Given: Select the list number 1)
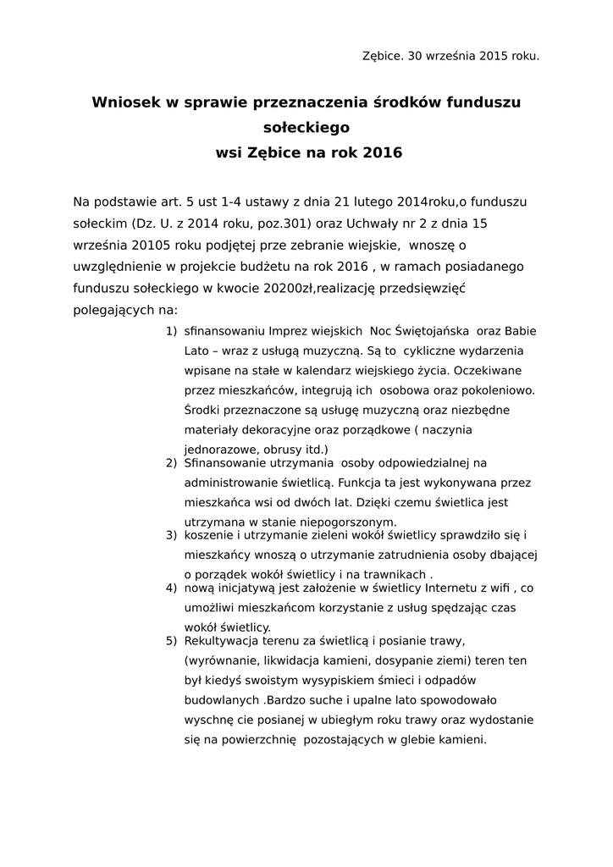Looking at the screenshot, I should [171, 330].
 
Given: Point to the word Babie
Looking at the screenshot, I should [519, 330].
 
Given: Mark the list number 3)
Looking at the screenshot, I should [171, 535].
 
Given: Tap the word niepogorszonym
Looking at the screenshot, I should [348, 521].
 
